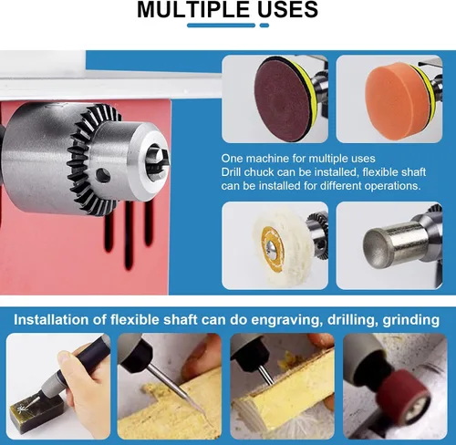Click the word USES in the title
coord(287,9)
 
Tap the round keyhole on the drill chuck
coord(103,175)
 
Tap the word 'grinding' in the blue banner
coord(410,320)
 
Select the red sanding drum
coord(405,396)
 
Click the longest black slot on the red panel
coord(129,235)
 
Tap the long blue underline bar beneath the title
coord(221,26)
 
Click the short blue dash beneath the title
coord(264,26)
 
